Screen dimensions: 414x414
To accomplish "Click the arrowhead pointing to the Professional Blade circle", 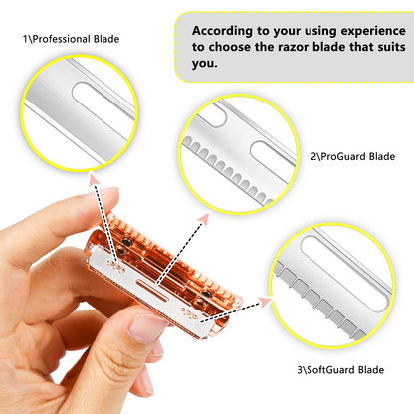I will [x=94, y=178].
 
